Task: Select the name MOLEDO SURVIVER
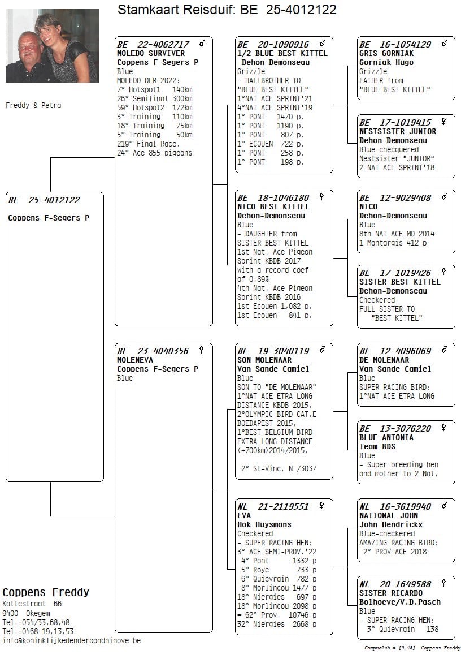coord(143,53)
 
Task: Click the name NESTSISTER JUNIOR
coord(398,131)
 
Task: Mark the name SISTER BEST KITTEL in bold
coord(399,282)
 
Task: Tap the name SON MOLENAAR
coord(264,360)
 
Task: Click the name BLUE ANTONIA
coord(386,437)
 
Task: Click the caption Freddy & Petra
coord(33,106)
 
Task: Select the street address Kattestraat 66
coord(32,604)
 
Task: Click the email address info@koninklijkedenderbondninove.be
coord(72,640)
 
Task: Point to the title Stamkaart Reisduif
coord(176,10)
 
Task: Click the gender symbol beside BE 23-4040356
coord(201,350)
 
